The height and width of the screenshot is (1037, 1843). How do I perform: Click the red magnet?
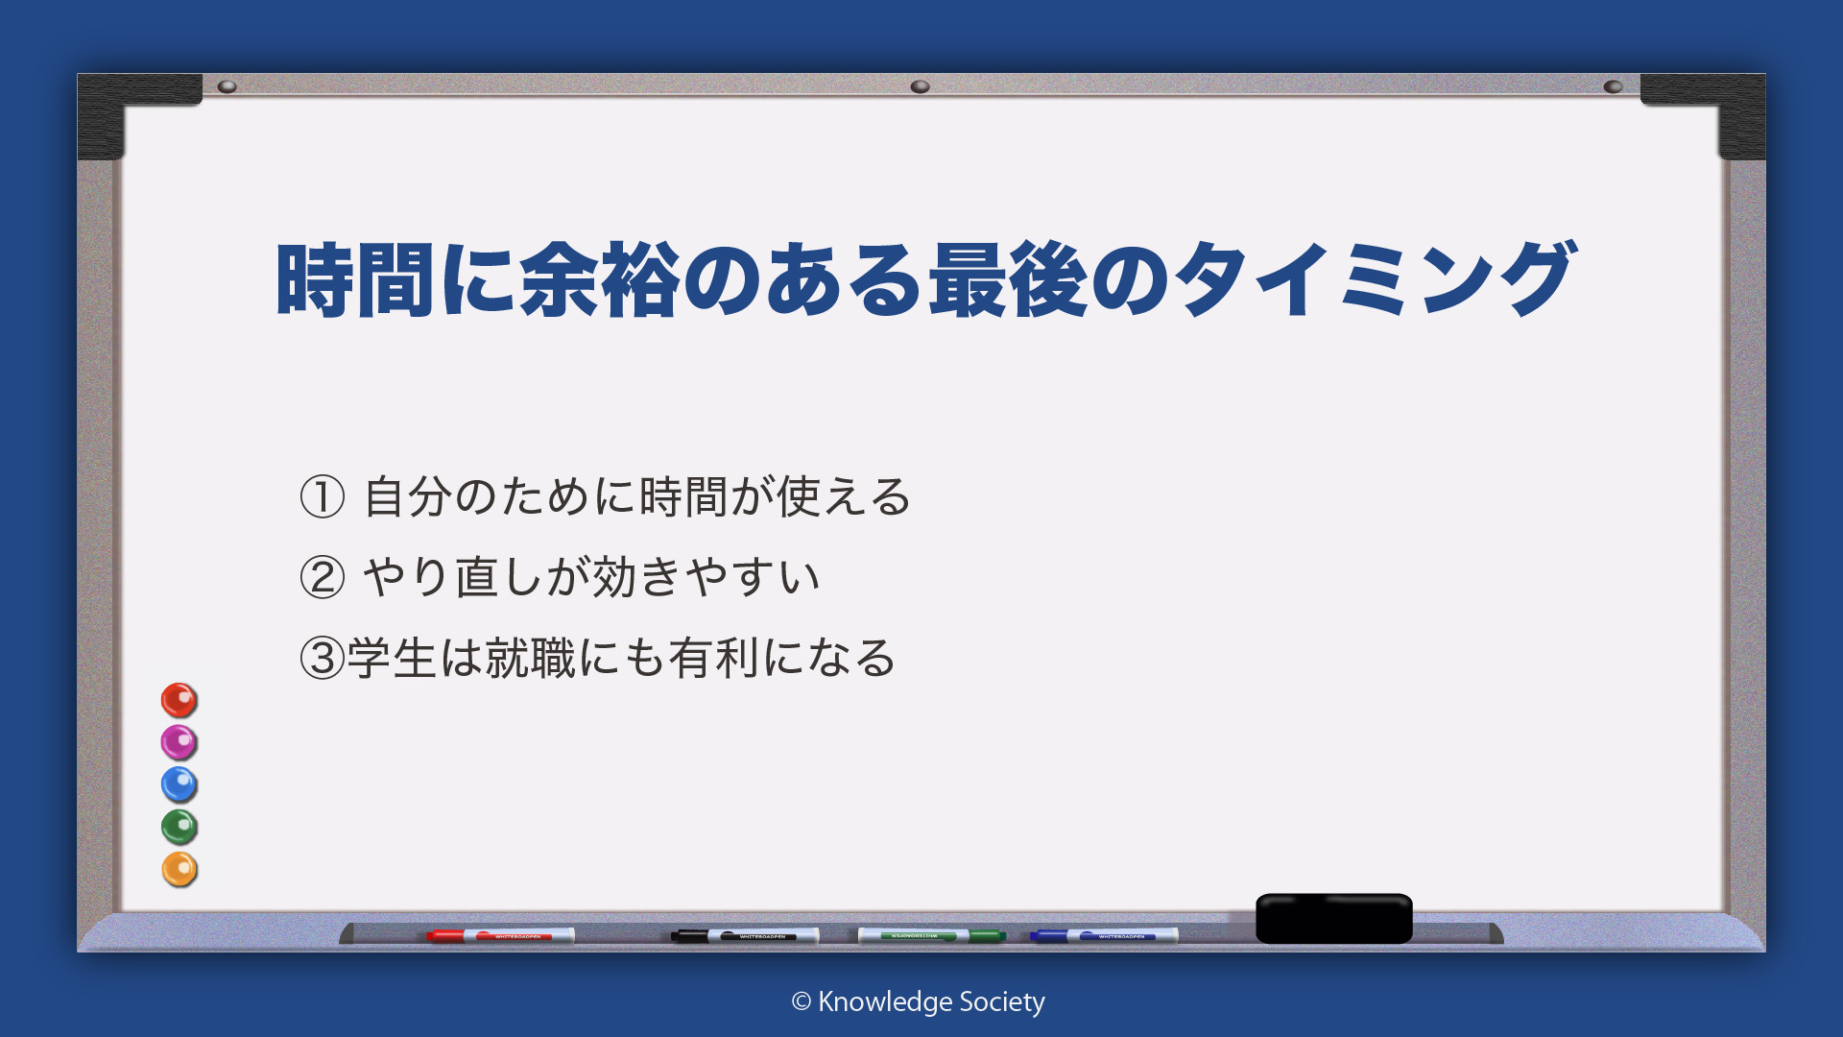[179, 700]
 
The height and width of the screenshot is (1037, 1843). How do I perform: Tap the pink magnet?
[179, 742]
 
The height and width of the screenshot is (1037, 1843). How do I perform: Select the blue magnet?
[179, 784]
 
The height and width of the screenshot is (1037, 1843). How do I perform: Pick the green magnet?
[179, 827]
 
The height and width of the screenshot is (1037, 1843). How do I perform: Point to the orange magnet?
[179, 869]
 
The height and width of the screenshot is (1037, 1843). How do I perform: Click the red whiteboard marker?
[500, 935]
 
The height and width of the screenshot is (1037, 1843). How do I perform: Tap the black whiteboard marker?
[745, 935]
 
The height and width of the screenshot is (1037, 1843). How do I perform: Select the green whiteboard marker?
[931, 935]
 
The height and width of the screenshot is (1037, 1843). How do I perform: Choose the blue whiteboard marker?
[1104, 935]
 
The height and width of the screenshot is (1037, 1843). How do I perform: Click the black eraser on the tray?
[1334, 918]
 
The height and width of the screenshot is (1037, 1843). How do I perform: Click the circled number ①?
[323, 497]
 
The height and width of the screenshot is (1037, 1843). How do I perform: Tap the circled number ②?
[323, 578]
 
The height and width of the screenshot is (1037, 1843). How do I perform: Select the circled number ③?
[323, 659]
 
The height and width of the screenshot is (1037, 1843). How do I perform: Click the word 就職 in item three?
[531, 659]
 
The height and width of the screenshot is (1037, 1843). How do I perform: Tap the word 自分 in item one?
[408, 497]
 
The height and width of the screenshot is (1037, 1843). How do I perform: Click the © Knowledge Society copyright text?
[919, 1002]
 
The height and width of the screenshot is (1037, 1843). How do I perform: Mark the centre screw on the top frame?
[921, 86]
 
